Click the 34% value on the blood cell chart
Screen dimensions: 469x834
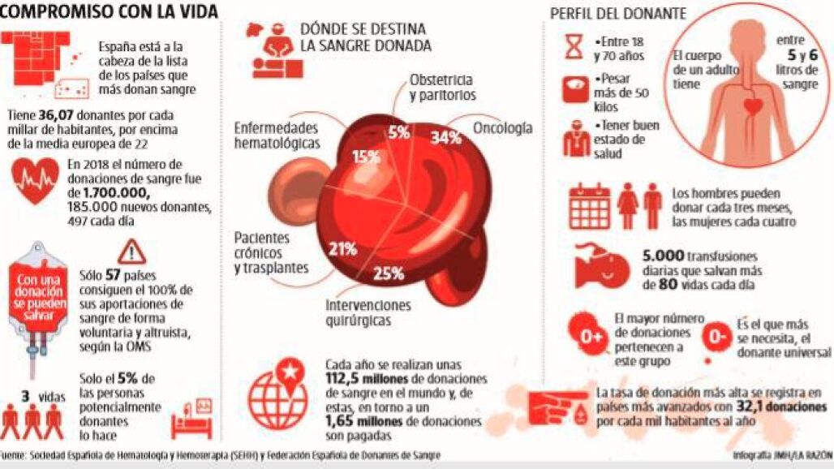pyautogui.click(x=445, y=138)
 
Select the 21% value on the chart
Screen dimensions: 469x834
pyautogui.click(x=342, y=249)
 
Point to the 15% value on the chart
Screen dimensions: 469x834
pyautogui.click(x=365, y=156)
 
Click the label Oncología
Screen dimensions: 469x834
pyautogui.click(x=503, y=128)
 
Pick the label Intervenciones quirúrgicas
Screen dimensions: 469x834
pyautogui.click(x=368, y=313)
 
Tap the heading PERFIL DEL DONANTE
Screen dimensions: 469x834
pyautogui.click(x=619, y=13)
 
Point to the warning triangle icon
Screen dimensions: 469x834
pyautogui.click(x=131, y=250)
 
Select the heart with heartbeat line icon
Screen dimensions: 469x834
pyautogui.click(x=36, y=180)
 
